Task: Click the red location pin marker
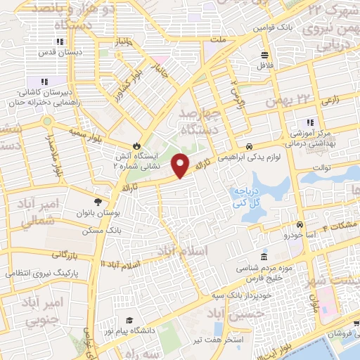pyautogui.click(x=182, y=165)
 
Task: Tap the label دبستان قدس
pyautogui.click(x=69, y=52)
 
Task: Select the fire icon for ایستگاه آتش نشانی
pyautogui.click(x=146, y=139)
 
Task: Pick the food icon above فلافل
pyautogui.click(x=265, y=55)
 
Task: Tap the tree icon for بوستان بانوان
pyautogui.click(x=108, y=192)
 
